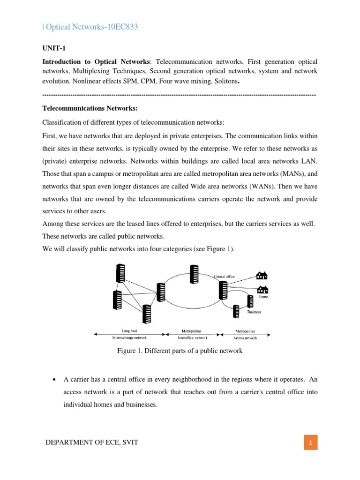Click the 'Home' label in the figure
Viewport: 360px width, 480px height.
(263, 297)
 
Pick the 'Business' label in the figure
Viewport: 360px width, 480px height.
(254, 312)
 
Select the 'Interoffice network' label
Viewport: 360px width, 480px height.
(193, 337)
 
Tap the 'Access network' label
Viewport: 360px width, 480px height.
(246, 337)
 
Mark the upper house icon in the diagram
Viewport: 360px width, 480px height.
(261, 275)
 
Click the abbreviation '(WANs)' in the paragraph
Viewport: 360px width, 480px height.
(231, 187)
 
